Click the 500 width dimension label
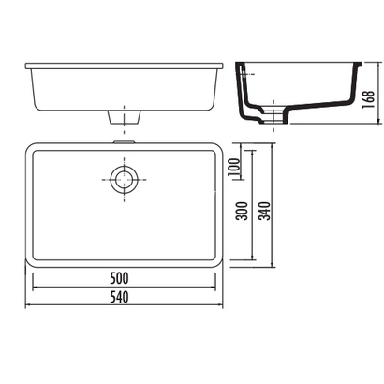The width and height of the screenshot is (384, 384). click(x=119, y=278)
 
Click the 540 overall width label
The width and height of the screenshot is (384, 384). click(x=119, y=297)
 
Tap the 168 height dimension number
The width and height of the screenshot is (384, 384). click(x=368, y=99)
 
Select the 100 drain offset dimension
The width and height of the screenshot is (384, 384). click(x=234, y=167)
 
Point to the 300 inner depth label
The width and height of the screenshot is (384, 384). click(x=242, y=211)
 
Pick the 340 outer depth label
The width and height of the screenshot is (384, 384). click(x=265, y=211)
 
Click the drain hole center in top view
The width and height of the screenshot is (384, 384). click(x=125, y=180)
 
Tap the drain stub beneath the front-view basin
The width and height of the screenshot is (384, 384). click(x=125, y=117)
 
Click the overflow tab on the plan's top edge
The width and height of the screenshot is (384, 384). click(x=125, y=142)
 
